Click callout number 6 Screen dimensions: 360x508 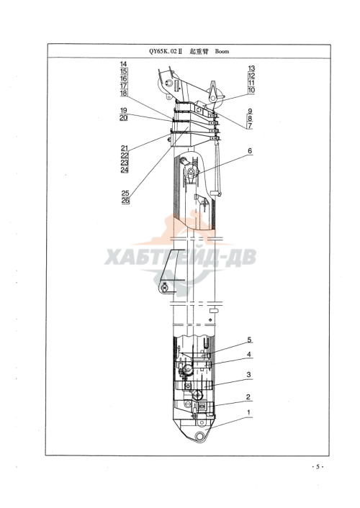click(250, 150)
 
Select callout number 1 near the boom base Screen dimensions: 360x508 click(248, 412)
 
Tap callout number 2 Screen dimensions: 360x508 click(248, 397)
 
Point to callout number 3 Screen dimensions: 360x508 click(248, 374)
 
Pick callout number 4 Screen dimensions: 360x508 click(249, 354)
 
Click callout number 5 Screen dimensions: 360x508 click(249, 340)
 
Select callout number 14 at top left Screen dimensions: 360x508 click(123, 64)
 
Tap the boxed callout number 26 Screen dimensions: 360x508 click(125, 201)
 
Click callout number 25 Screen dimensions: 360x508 click(125, 194)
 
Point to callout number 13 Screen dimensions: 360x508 click(251, 68)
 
